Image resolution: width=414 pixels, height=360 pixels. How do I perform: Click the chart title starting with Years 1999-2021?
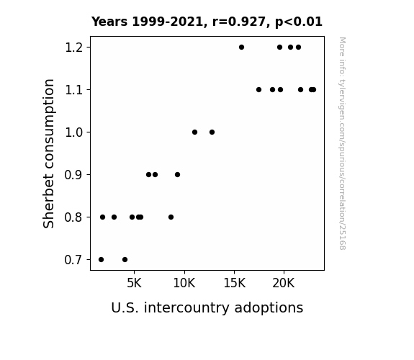click(207, 22)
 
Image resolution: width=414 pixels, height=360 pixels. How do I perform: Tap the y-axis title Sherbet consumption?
click(48, 153)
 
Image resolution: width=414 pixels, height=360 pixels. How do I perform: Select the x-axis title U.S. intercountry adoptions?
click(207, 307)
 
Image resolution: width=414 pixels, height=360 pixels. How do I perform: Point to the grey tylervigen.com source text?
click(342, 143)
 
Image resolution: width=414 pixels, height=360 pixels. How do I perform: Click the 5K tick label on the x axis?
click(134, 284)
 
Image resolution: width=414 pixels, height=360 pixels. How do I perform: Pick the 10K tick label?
click(184, 284)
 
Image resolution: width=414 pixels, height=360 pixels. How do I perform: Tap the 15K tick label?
click(234, 284)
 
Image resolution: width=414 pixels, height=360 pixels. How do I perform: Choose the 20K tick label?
click(284, 284)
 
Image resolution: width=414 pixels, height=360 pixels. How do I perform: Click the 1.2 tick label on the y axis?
click(73, 48)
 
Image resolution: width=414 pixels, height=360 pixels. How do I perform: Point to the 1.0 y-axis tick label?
click(73, 132)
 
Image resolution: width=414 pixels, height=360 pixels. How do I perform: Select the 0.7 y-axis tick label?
click(73, 260)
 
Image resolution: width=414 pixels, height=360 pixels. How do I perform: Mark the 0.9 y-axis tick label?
click(73, 175)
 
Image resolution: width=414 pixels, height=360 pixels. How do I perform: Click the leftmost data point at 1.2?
click(241, 48)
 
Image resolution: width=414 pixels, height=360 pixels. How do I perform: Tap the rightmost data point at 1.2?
click(298, 48)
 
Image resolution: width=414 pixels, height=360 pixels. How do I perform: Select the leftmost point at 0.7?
click(101, 260)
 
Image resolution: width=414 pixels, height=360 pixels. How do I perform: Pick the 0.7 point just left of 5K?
click(125, 260)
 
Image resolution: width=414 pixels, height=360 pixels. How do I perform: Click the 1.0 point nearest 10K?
click(194, 132)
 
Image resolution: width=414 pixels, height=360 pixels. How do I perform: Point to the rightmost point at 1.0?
click(212, 132)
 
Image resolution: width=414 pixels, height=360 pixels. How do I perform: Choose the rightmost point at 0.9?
click(177, 174)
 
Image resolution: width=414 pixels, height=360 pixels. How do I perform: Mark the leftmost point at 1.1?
click(258, 90)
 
